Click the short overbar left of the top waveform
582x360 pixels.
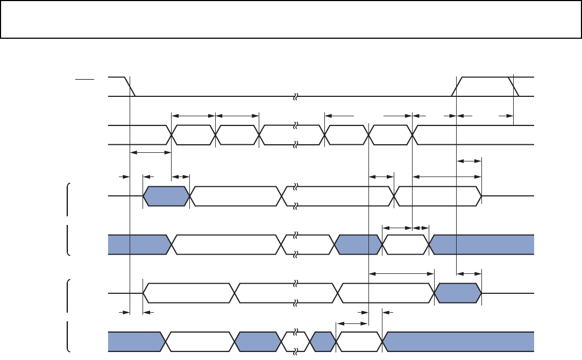coord(84,79)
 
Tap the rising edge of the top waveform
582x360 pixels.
coord(457,87)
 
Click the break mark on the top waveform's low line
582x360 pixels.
coord(295,97)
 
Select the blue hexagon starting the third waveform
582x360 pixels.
coord(167,196)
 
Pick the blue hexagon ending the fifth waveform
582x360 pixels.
coord(458,293)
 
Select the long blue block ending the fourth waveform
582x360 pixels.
coord(482,245)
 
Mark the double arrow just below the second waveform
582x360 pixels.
coord(151,153)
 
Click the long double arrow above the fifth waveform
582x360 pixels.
coord(401,274)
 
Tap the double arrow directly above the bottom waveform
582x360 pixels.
coord(352,323)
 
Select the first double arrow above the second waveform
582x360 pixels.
coord(193,115)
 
